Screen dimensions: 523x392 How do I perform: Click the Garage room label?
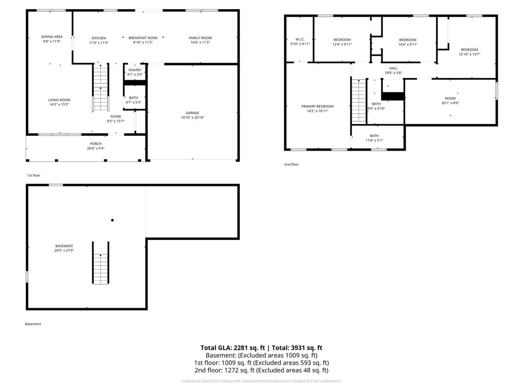(192, 113)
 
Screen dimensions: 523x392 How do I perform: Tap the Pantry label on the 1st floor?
(135, 70)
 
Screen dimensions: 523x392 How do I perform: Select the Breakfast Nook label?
(143, 38)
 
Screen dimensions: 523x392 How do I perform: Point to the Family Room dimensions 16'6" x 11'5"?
(200, 42)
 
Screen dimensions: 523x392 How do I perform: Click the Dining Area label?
(52, 37)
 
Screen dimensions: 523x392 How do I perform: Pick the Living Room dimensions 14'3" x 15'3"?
(59, 105)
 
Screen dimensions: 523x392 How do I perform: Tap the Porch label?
(96, 144)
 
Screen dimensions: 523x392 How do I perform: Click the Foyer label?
(115, 117)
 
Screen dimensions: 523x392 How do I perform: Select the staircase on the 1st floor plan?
(101, 88)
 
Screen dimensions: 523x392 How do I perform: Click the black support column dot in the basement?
(112, 220)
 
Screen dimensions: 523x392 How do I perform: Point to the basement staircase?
(101, 263)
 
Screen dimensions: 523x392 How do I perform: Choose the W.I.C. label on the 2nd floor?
(300, 40)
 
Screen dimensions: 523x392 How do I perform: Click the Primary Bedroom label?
(317, 106)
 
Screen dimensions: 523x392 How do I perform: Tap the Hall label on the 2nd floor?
(393, 68)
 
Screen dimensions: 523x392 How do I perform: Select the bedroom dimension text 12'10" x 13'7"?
(469, 54)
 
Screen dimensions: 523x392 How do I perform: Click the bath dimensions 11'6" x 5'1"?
(374, 140)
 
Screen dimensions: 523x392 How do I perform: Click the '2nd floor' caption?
(291, 164)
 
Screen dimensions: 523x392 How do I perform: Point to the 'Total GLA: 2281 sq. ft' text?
(233, 348)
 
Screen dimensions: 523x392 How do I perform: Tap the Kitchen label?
(98, 38)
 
